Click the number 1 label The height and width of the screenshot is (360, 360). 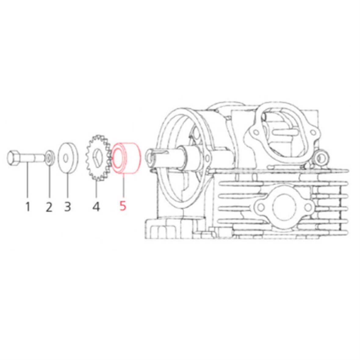click(x=28, y=207)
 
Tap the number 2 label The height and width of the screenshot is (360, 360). click(x=49, y=207)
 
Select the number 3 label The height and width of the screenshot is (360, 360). click(x=67, y=207)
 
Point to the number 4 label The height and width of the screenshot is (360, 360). click(x=96, y=207)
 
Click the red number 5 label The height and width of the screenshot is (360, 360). click(x=123, y=206)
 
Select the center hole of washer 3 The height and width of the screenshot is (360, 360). click(x=66, y=158)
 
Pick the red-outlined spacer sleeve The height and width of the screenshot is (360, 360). click(x=126, y=158)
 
